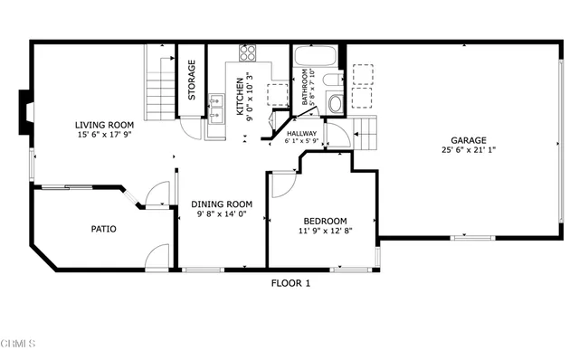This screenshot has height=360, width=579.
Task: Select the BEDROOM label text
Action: (325, 221)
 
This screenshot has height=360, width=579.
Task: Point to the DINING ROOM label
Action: (220, 204)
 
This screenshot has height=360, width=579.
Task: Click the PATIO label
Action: (103, 229)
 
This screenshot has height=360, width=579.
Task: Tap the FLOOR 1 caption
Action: (290, 283)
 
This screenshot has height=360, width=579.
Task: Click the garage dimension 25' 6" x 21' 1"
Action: (469, 150)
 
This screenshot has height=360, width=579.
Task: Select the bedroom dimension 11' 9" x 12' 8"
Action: (325, 232)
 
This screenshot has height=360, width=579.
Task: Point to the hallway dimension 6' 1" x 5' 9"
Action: (301, 141)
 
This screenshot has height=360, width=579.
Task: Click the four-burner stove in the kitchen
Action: (247, 52)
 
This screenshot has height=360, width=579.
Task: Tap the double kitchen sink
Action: (216, 108)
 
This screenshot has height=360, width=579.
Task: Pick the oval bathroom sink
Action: (336, 103)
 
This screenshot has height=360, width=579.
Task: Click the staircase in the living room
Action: (160, 81)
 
